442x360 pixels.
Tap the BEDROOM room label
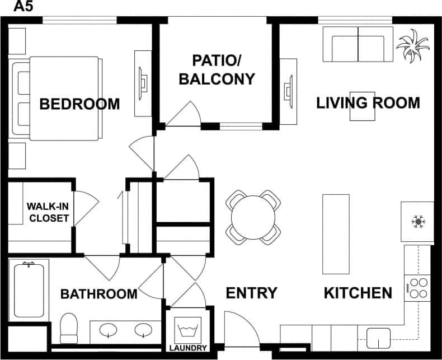click(79, 104)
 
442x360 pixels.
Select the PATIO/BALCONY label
click(216, 70)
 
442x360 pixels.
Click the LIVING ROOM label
click(368, 103)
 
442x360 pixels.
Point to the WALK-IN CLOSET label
click(48, 212)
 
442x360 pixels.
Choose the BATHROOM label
click(98, 294)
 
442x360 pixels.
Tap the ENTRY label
click(251, 293)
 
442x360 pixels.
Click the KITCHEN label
click(358, 293)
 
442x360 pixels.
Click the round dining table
click(253, 217)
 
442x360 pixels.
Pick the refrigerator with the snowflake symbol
click(417, 222)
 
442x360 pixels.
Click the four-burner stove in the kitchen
click(418, 288)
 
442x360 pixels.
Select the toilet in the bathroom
click(69, 328)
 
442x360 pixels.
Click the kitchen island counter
click(336, 234)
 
